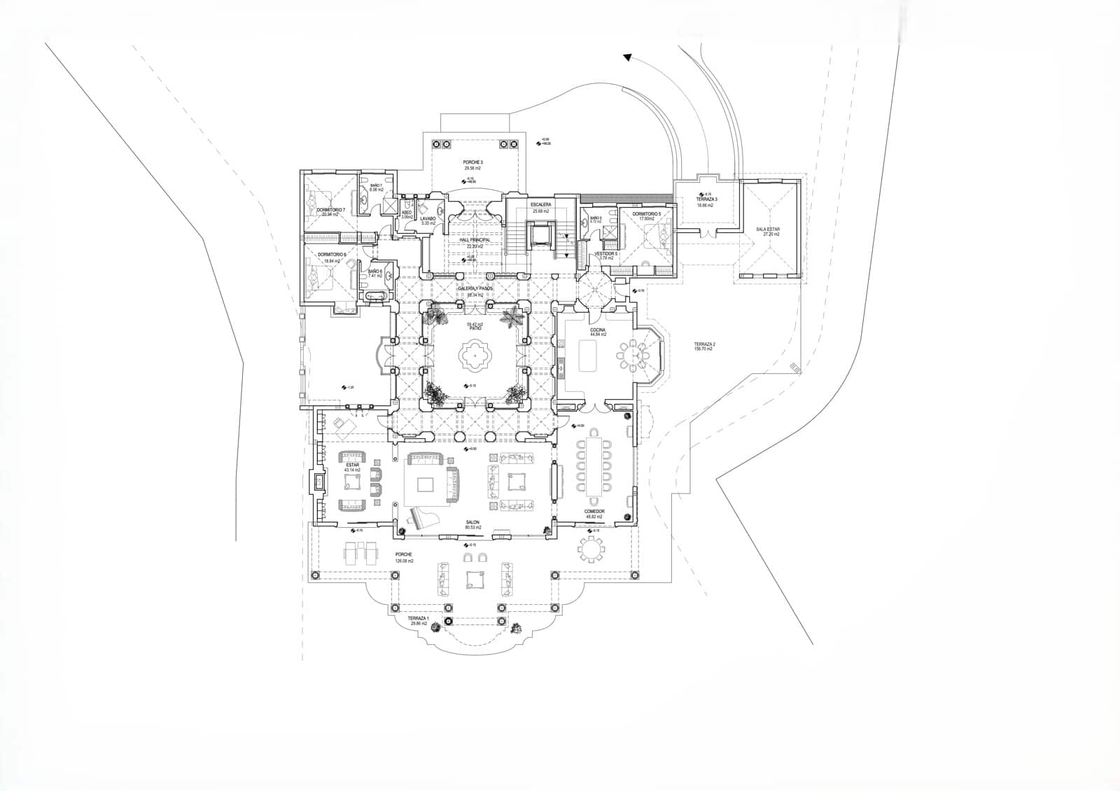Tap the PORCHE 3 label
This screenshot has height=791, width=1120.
[473, 162]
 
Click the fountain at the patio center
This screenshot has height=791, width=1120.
[474, 357]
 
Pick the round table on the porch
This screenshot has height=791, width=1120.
[591, 550]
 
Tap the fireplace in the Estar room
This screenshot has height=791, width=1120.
[319, 482]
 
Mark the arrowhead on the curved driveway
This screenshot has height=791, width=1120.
[627, 59]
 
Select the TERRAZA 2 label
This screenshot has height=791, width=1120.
[704, 344]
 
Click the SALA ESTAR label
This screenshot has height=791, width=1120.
[767, 230]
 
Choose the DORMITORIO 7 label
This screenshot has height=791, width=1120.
[331, 209]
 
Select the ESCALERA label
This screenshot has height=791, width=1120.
[540, 205]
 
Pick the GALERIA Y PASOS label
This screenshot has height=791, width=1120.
[476, 288]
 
